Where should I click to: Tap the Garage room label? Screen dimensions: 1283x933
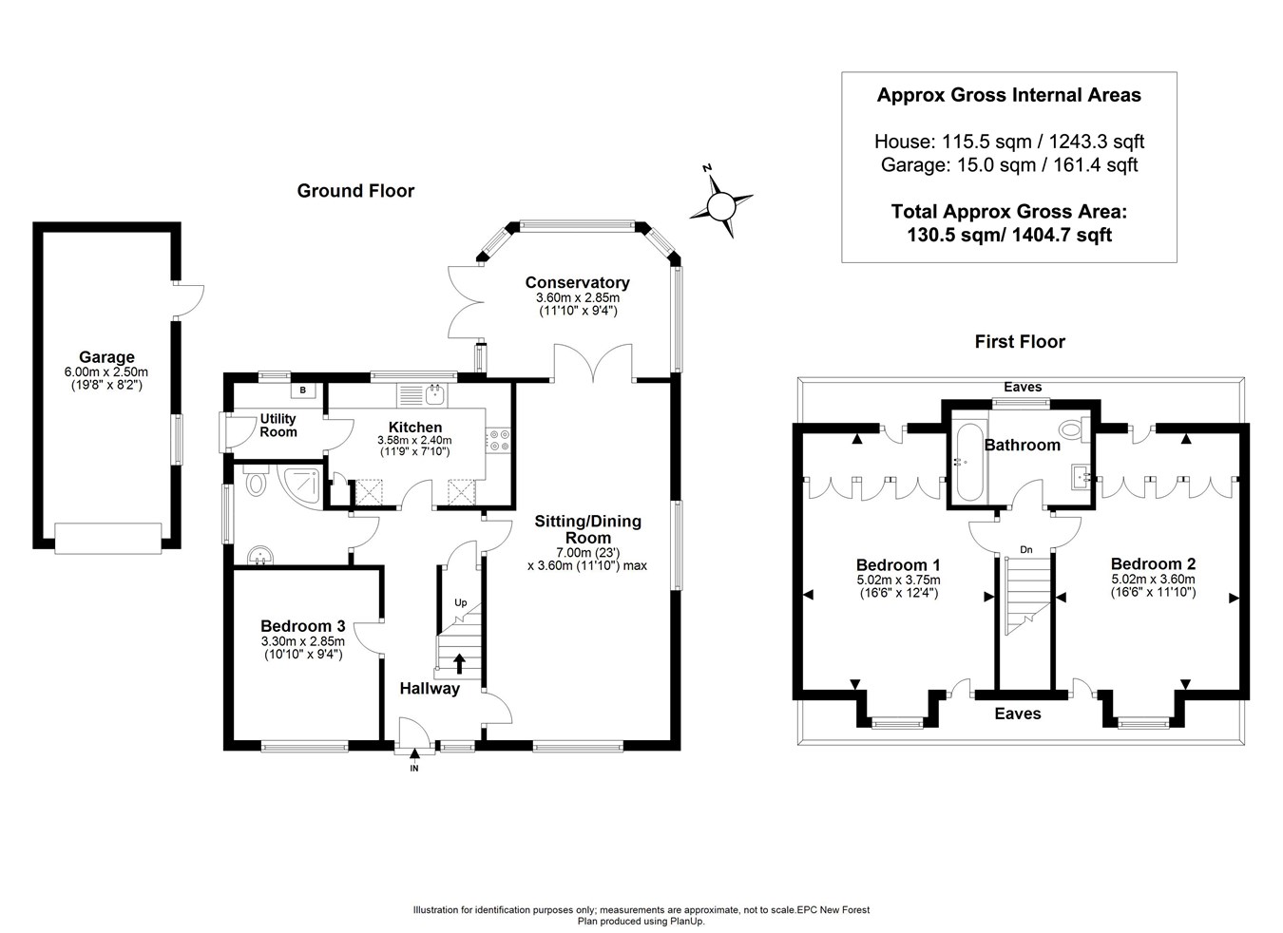(x=106, y=357)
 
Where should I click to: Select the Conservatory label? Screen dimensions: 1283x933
(x=578, y=282)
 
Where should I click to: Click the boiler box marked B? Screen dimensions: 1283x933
(x=303, y=390)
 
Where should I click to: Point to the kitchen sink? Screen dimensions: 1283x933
(x=436, y=394)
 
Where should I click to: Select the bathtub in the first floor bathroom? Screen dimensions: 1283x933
(x=969, y=462)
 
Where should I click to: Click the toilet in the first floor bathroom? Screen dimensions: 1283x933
(x=1075, y=429)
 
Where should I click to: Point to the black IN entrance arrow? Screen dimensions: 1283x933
(x=414, y=757)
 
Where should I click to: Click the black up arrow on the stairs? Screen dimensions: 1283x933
(x=459, y=664)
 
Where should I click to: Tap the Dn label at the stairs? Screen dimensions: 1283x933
(x=1026, y=550)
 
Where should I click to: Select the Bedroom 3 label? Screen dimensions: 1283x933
(x=303, y=626)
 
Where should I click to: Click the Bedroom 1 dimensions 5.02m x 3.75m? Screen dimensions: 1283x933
(x=899, y=581)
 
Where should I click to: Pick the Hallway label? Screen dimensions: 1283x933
(x=430, y=689)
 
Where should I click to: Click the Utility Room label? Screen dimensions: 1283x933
(x=278, y=425)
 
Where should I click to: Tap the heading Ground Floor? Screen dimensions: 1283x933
(x=355, y=191)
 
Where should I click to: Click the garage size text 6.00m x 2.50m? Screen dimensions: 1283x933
(x=106, y=371)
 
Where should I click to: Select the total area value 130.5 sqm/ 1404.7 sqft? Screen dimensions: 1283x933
(x=1009, y=235)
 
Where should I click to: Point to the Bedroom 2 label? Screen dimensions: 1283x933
(x=1153, y=563)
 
